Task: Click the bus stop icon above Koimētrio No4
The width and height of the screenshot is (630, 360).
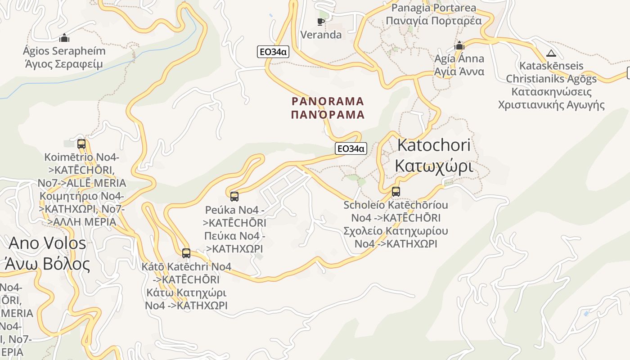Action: (81, 144)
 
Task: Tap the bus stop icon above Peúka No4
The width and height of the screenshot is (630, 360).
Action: (234, 196)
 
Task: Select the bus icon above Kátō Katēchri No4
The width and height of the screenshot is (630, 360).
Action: (186, 253)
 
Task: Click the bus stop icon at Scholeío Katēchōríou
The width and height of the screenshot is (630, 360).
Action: (396, 191)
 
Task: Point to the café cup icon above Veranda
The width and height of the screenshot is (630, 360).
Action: (321, 22)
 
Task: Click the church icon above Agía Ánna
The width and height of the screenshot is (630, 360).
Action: (459, 45)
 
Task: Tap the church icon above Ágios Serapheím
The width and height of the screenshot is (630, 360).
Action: (64, 38)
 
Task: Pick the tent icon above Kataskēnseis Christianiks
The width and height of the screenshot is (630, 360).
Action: (551, 53)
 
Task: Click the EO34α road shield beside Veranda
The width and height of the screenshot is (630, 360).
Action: (273, 52)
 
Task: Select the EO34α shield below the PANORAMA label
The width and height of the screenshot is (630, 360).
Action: (351, 148)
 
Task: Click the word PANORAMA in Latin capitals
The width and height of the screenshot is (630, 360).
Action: (328, 101)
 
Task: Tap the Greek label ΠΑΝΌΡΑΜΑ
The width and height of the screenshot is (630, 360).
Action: (328, 115)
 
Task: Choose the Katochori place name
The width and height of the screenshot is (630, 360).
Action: (434, 145)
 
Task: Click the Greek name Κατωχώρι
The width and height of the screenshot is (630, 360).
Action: (434, 166)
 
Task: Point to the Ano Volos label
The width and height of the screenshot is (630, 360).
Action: (47, 243)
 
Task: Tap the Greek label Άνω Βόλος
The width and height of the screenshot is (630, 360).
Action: (47, 264)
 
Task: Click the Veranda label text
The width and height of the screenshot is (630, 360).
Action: (321, 35)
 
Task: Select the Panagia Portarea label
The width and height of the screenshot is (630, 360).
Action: (434, 8)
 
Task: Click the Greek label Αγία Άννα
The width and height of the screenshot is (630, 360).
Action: (459, 72)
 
